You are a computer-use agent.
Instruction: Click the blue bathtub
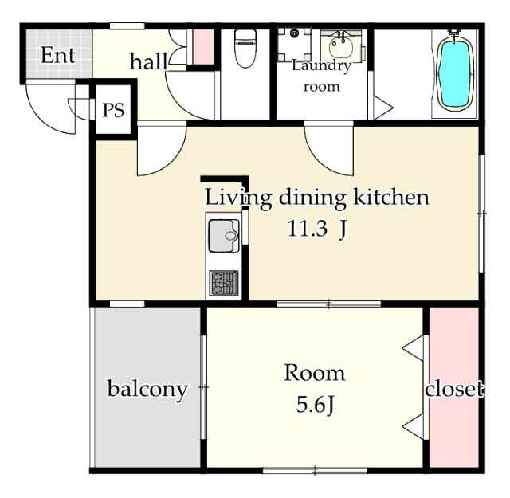455,74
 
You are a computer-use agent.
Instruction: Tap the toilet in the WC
245,48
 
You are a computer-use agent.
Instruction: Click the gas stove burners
224,283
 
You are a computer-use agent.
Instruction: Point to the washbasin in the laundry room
341,47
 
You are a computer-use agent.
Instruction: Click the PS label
113,110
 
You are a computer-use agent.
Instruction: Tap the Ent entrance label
58,55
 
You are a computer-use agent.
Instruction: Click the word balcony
147,390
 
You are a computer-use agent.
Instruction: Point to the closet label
454,388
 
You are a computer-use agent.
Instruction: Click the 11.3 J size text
317,229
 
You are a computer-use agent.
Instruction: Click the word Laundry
321,66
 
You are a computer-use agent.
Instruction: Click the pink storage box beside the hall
204,47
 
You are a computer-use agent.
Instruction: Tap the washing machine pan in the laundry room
294,45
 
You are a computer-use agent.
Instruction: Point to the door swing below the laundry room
329,151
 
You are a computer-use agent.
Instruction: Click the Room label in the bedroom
315,373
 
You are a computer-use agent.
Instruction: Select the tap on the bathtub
453,33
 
